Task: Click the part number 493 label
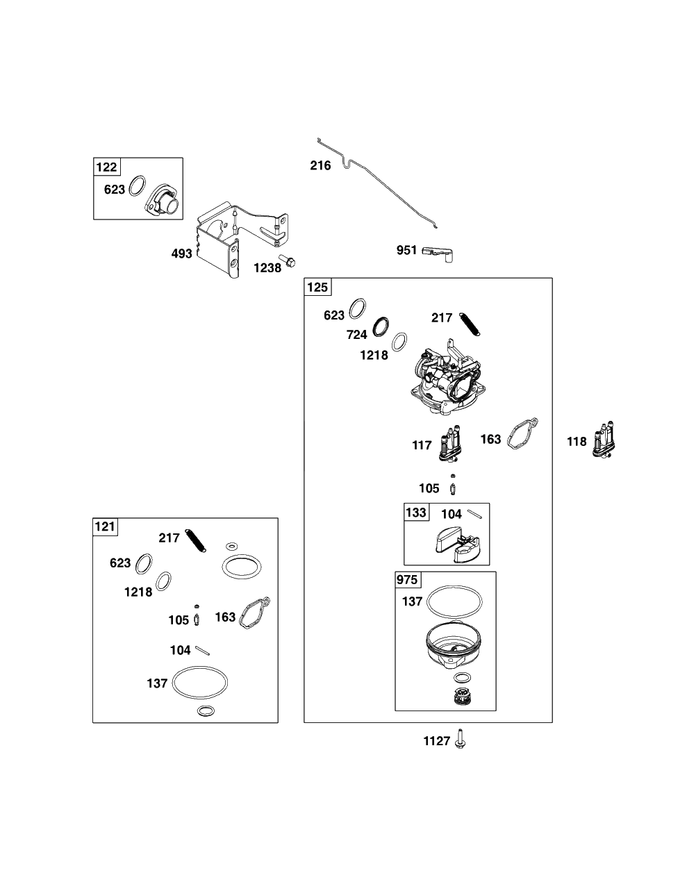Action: click(182, 254)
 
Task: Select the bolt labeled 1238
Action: click(288, 260)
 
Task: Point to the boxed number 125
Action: click(317, 288)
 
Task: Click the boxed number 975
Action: click(407, 580)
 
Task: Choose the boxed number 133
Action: click(416, 512)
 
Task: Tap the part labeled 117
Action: click(449, 444)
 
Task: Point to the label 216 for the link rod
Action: click(320, 166)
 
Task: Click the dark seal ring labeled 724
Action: click(381, 326)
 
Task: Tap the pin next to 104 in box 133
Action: click(475, 513)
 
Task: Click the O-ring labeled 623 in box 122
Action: click(137, 186)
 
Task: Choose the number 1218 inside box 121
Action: click(138, 592)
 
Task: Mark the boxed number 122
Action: click(106, 167)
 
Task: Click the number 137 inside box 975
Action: click(412, 601)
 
